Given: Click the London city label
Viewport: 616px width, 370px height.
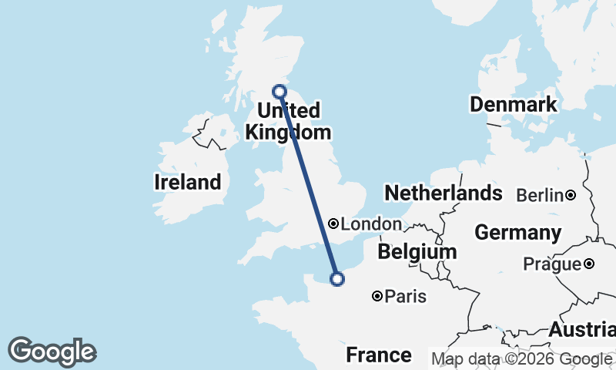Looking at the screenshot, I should [371, 224].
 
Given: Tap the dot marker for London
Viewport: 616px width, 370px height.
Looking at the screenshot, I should [333, 224].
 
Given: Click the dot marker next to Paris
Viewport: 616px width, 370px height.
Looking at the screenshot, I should [378, 296].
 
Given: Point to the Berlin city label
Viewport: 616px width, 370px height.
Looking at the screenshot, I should [540, 196].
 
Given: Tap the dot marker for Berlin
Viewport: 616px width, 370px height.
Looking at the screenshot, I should [571, 196].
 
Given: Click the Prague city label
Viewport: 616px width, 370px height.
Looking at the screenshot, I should [551, 264].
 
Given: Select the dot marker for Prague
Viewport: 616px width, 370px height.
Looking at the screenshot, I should [589, 264].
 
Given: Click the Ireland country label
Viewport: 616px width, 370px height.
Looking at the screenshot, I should [188, 183].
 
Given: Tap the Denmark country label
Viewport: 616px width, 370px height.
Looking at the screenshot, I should [514, 105].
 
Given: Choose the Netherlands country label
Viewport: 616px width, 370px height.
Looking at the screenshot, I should [444, 193].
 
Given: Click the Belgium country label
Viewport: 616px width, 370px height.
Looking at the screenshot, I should [417, 252].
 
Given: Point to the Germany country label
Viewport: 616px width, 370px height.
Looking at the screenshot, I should [518, 232].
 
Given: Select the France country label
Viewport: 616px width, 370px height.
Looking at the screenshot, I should [378, 355].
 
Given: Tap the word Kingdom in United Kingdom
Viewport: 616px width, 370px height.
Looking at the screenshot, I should [282, 132].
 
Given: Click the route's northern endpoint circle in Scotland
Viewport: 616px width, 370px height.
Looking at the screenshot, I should [280, 91].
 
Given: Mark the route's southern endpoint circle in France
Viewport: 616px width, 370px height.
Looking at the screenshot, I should [336, 279].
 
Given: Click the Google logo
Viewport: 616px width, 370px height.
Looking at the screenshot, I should [52, 352].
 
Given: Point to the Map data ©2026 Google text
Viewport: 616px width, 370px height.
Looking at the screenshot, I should [522, 358].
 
